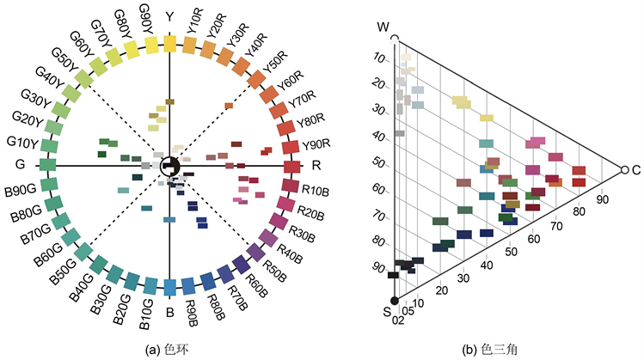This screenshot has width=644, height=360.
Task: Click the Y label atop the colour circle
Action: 169,16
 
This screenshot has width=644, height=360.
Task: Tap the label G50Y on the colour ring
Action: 64,58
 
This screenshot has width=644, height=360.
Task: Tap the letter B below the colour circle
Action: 169,311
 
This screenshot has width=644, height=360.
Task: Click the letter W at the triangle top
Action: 384,27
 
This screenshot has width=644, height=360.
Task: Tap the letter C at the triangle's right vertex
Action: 637,171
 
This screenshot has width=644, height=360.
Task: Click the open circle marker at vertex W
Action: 395,39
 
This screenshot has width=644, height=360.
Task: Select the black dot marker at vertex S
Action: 396,300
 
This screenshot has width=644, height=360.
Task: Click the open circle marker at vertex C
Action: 623,171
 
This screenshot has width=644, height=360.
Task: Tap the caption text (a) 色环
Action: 169,348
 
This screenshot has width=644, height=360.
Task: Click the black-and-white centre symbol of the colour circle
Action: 169,164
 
